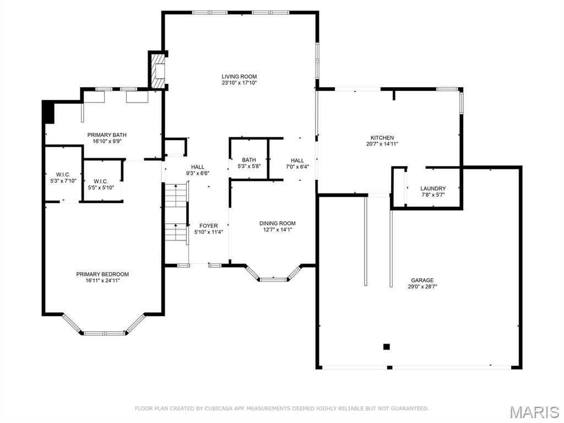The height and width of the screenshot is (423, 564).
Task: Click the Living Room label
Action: click(x=239, y=77)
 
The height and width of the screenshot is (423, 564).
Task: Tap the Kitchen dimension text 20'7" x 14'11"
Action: click(x=382, y=144)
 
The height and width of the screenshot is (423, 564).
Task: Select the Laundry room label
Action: click(x=433, y=189)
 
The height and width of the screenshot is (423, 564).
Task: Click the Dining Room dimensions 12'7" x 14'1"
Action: click(x=278, y=229)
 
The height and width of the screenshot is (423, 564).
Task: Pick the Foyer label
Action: click(x=209, y=226)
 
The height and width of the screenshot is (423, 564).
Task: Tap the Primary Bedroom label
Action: click(x=102, y=274)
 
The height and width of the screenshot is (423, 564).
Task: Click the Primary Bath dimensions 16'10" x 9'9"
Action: click(x=107, y=141)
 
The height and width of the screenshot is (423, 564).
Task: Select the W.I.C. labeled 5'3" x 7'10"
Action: click(x=63, y=178)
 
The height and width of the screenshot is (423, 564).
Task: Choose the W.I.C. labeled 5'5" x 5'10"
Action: click(x=101, y=185)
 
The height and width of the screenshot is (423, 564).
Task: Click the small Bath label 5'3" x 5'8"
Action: click(x=249, y=163)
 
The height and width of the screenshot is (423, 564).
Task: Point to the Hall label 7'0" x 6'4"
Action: click(x=297, y=163)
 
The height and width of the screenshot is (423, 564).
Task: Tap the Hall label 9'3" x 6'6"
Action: click(x=198, y=170)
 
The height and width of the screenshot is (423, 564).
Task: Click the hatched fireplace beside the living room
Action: click(x=158, y=71)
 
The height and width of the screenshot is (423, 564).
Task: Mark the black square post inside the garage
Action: click(x=386, y=347)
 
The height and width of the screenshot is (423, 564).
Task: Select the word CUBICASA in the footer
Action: click(x=218, y=409)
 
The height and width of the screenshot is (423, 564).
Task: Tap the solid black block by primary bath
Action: click(x=48, y=112)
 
